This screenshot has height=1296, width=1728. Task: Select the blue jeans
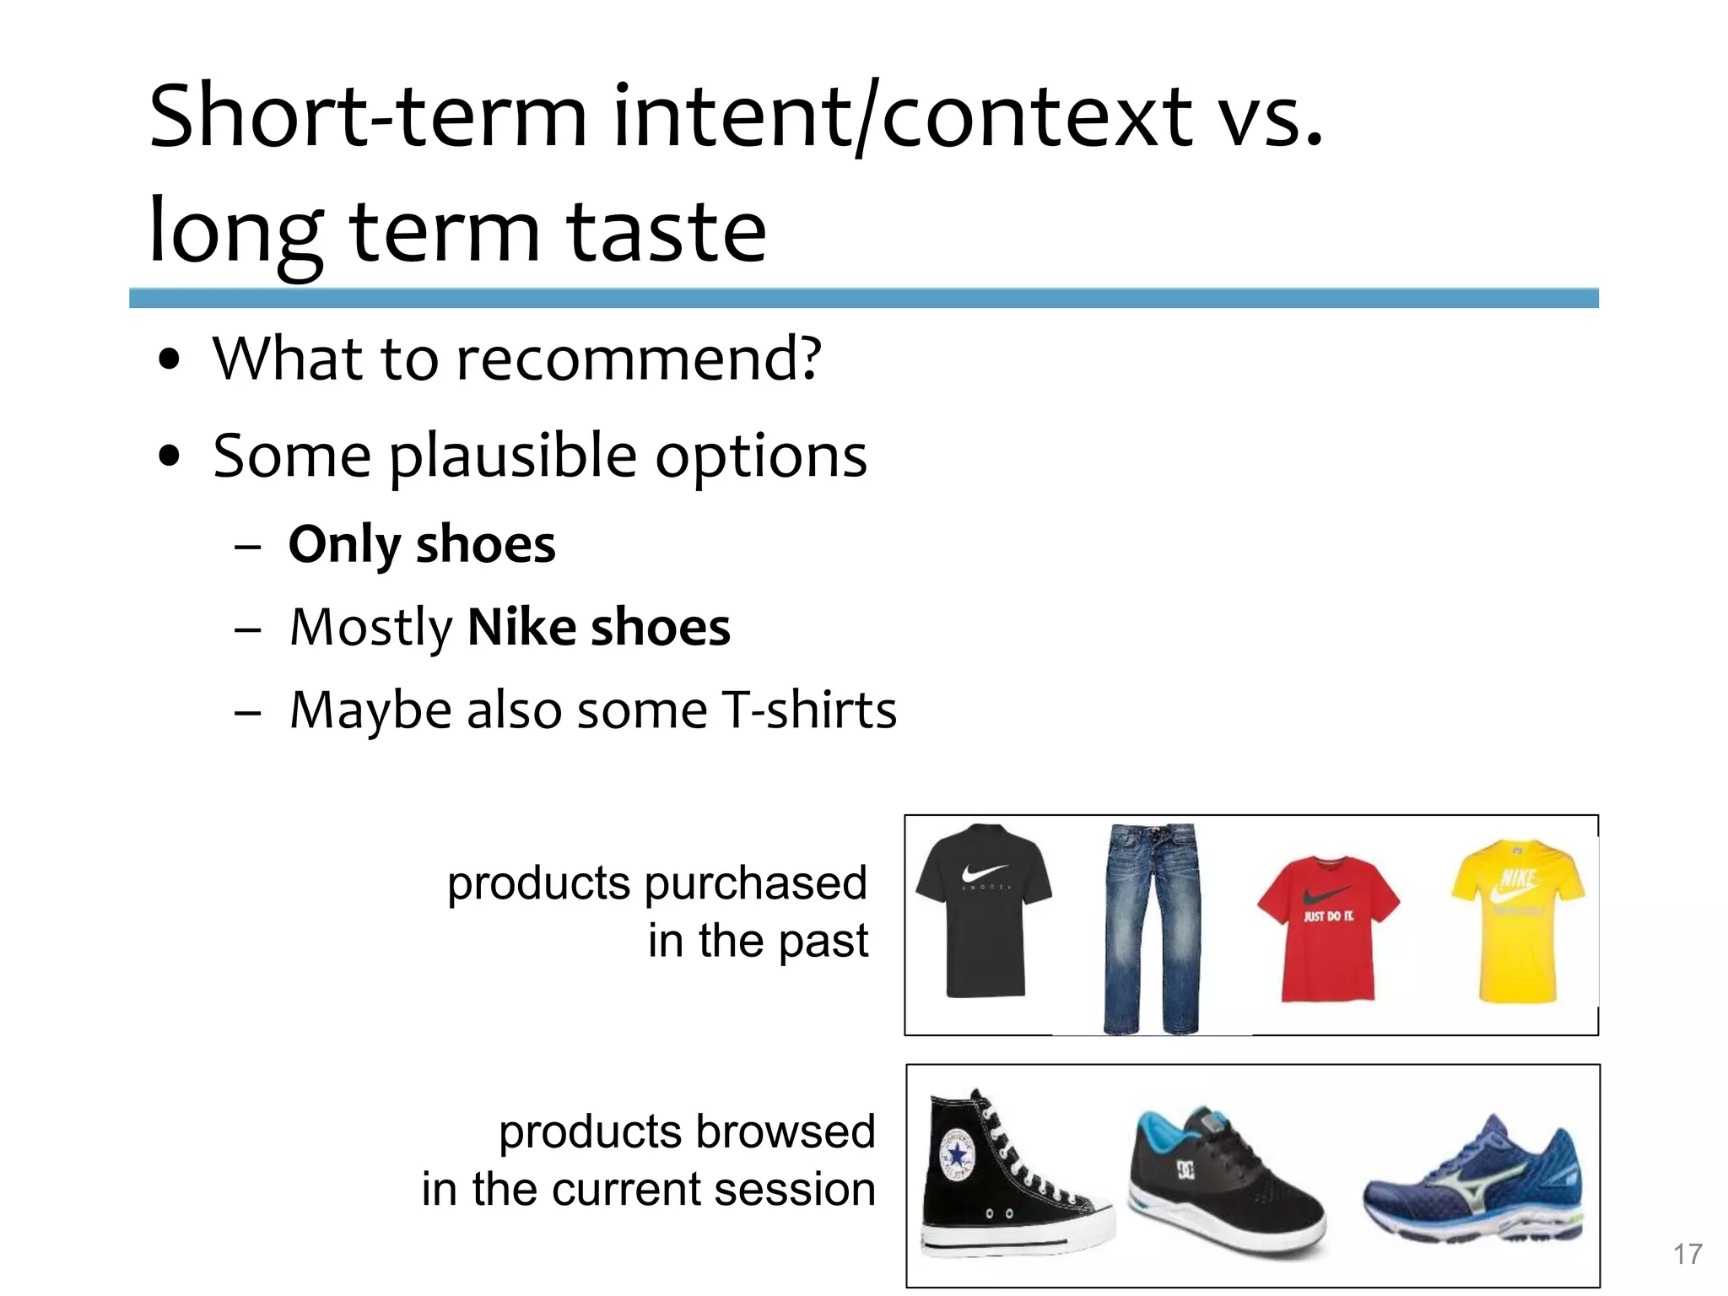(1152, 928)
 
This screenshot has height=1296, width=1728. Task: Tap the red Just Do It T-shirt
(1328, 928)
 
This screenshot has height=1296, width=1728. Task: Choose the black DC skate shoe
(1223, 1181)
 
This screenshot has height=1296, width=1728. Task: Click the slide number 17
(1687, 1254)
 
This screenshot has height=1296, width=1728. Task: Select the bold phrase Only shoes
(422, 544)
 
